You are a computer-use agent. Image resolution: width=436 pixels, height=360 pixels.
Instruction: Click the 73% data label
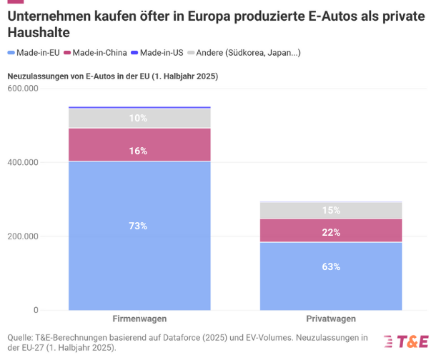tap(139, 226)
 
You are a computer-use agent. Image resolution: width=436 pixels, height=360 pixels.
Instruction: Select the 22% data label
tap(331, 232)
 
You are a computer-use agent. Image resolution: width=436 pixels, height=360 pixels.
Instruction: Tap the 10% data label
tap(139, 118)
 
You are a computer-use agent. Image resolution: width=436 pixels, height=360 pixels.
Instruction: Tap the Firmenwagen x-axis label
tap(139, 319)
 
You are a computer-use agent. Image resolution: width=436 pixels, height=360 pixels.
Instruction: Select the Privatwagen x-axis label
tap(331, 319)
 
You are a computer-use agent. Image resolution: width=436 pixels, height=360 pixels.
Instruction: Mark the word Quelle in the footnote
tap(21, 337)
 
